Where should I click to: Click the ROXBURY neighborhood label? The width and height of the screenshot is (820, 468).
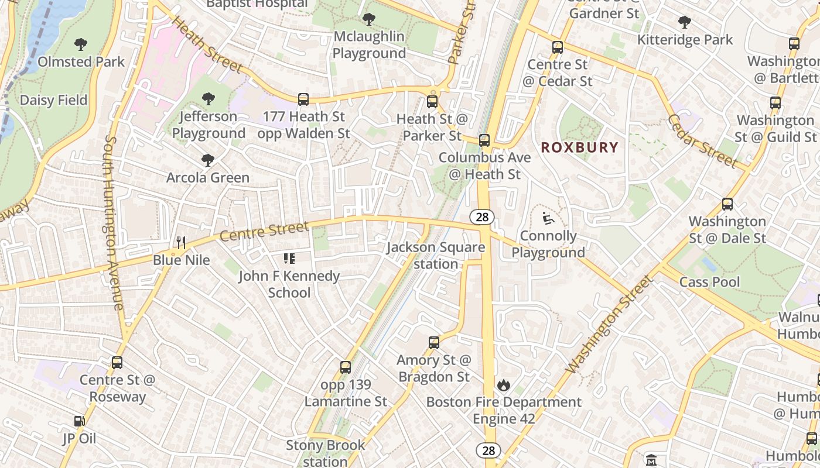579,147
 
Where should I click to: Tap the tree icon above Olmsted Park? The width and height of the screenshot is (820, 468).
81,44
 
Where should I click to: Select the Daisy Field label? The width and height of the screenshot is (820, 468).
53,100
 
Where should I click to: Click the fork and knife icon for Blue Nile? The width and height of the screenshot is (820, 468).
181,242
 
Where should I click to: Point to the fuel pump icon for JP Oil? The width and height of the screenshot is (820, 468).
78,421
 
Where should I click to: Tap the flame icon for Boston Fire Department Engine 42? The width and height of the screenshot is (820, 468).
503,385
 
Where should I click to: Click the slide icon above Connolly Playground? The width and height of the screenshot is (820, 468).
548,218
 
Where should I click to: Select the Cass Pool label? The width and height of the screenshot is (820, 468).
709,282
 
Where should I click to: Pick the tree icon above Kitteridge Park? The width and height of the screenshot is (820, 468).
684,23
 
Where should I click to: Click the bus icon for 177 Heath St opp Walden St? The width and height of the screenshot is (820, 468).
303,99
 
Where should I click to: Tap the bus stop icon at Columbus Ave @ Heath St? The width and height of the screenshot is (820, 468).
484,140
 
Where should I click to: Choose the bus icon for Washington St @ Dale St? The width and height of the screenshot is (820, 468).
727,204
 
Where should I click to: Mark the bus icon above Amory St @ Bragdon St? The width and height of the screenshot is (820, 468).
433,343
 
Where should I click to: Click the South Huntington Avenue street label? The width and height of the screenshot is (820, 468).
114,222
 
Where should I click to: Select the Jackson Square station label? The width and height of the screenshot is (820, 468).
436,256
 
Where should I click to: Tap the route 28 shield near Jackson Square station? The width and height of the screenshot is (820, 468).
482,217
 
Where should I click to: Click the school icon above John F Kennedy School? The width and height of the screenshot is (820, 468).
289,258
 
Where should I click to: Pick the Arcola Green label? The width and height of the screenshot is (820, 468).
208,177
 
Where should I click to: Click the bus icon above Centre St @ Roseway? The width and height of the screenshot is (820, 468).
117,363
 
